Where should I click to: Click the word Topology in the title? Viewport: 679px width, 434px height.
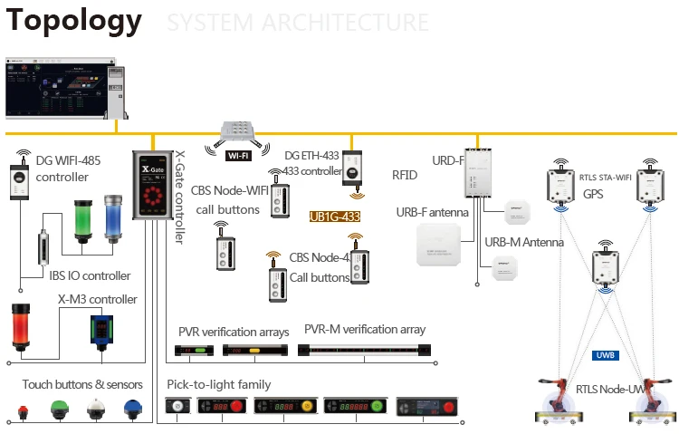coord(74,20)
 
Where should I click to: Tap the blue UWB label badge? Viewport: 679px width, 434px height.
coord(605,355)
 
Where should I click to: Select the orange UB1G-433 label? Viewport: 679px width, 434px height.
coord(335,217)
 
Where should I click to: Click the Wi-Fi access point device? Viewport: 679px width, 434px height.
coord(240,132)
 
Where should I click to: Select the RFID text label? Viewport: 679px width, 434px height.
coord(405,175)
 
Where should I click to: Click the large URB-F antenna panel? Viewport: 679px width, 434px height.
coord(437,245)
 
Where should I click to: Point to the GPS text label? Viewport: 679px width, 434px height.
coord(593,194)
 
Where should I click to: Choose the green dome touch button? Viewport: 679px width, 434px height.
coord(61,409)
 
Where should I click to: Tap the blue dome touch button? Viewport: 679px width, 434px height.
coord(133,410)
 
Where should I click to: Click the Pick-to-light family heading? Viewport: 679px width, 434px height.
coord(219,384)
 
